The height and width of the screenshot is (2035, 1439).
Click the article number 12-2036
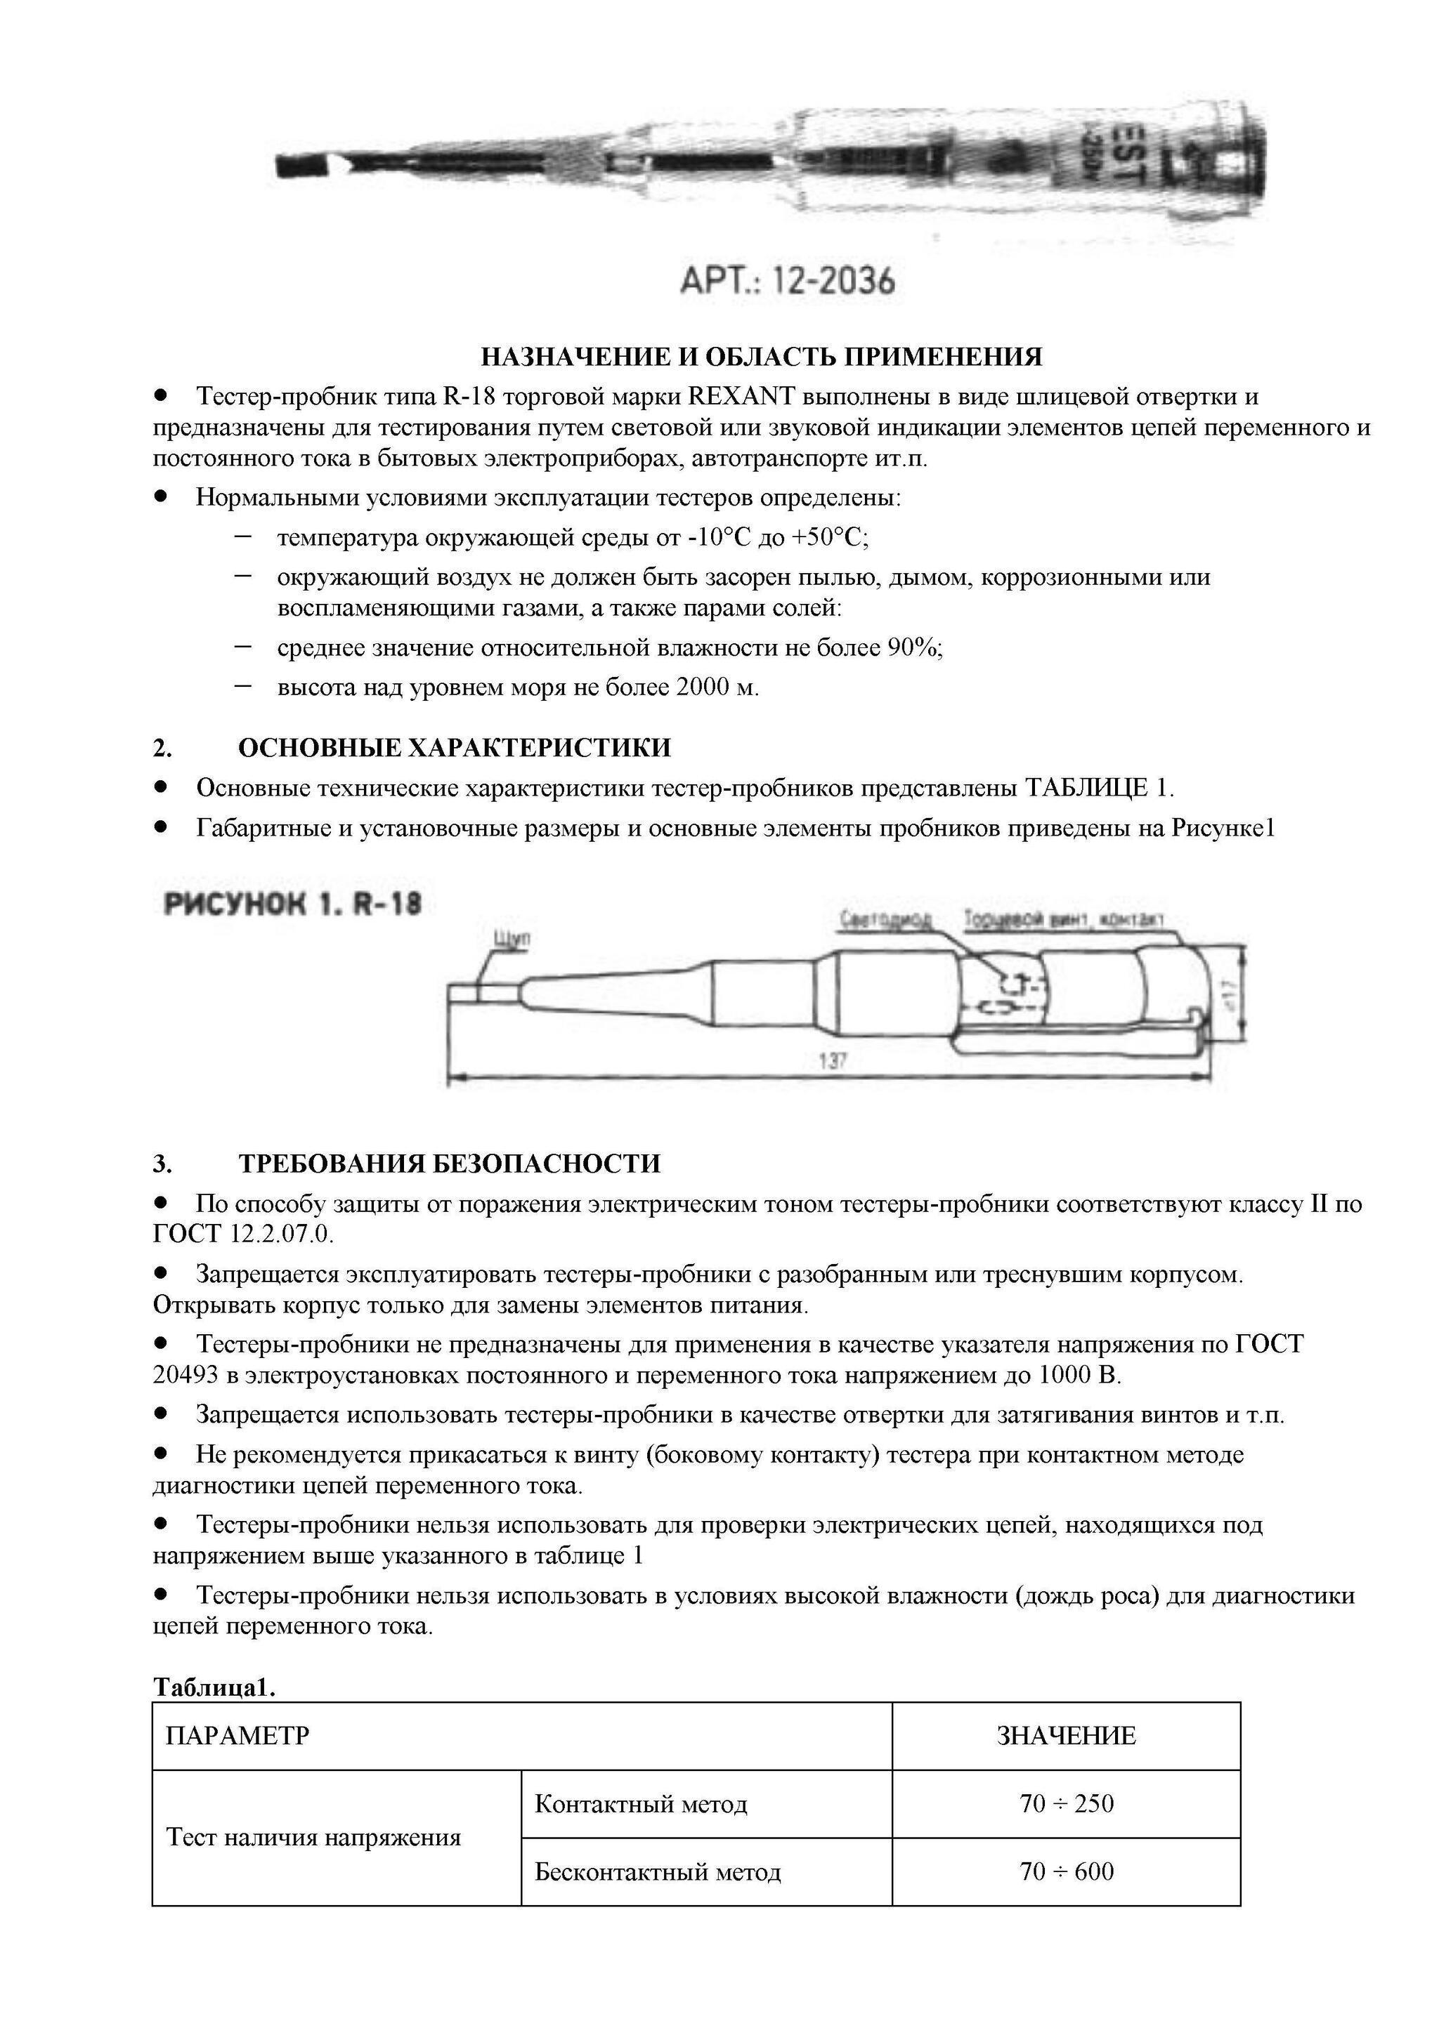click(833, 282)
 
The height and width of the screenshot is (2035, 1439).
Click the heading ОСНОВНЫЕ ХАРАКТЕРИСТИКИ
click(454, 748)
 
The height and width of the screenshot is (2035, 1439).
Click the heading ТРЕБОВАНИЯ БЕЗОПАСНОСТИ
click(449, 1164)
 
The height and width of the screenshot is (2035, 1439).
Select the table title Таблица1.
click(214, 1687)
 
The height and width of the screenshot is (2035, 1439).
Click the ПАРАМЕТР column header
click(237, 1735)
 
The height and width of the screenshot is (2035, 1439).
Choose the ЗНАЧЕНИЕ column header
click(1066, 1735)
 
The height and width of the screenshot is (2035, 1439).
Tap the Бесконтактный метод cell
click(658, 1872)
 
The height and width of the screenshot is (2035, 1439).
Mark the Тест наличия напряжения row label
click(314, 1838)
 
